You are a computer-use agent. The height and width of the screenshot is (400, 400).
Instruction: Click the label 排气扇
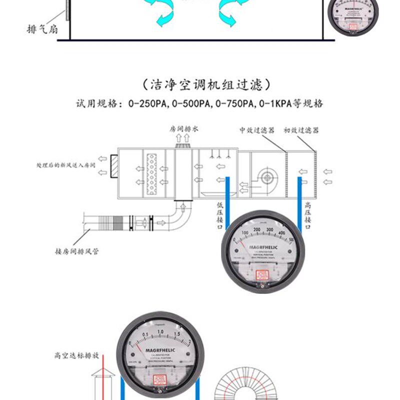(42, 29)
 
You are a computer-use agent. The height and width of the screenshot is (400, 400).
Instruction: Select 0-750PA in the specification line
(235, 104)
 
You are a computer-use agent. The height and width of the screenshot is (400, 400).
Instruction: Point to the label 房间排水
(184, 129)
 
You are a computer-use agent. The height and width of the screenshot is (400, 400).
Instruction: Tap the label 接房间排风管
(76, 251)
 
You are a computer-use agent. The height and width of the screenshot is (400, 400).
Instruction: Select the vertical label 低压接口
(220, 215)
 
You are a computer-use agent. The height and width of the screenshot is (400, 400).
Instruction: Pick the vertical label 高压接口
(308, 215)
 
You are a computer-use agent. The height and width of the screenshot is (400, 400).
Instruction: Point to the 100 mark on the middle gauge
(245, 233)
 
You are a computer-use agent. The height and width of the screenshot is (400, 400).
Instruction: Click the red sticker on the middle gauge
(262, 275)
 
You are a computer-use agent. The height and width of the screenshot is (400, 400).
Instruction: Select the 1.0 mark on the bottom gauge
(160, 332)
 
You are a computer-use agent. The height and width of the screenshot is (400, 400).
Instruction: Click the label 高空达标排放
(76, 356)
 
